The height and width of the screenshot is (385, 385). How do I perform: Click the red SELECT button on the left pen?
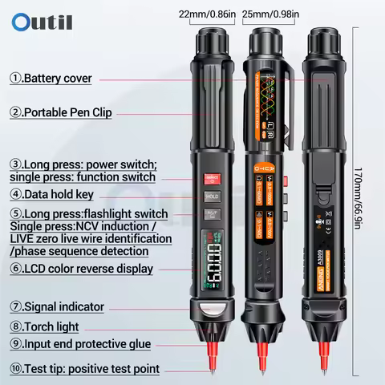pyautogui.click(x=212, y=176)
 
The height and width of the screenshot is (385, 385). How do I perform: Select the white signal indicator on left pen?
pyautogui.click(x=212, y=310)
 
